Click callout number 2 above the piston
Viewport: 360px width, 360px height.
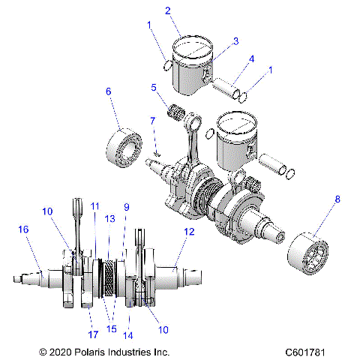coord(168,10)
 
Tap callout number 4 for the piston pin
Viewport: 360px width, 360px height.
coord(252,59)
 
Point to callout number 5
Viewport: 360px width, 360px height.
coord(154,87)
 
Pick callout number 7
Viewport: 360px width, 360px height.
coord(151,120)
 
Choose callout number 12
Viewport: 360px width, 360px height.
coord(188,232)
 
